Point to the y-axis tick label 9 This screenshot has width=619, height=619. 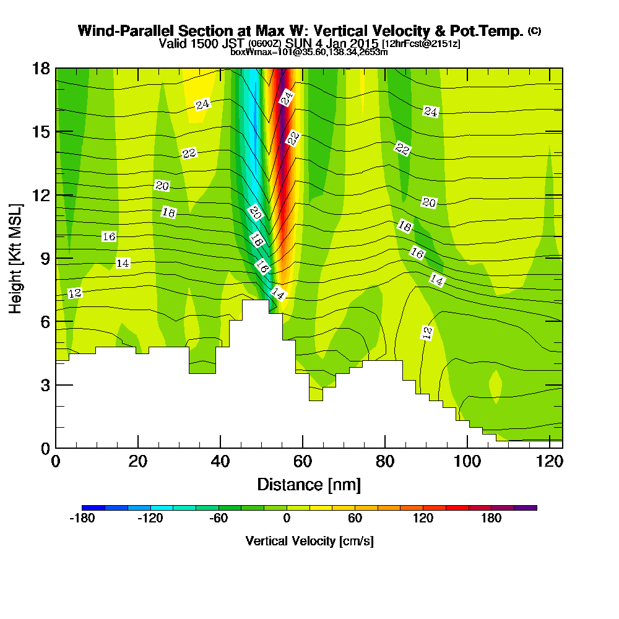point(45,258)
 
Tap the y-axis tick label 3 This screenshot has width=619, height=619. point(45,384)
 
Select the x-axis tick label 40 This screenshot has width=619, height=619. point(220,462)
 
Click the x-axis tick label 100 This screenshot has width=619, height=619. point(467,462)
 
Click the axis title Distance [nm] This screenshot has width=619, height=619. point(309,484)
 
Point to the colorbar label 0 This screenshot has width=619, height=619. point(287,519)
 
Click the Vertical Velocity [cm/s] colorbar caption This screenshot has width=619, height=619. point(309,541)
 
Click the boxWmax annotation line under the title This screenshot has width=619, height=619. point(309,52)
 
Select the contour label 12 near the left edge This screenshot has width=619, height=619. point(75,293)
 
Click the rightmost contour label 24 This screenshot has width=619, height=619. point(431,111)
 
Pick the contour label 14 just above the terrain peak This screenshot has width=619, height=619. point(279,294)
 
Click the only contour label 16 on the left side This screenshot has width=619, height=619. point(109,236)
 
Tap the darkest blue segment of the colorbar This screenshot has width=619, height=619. point(93,508)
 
